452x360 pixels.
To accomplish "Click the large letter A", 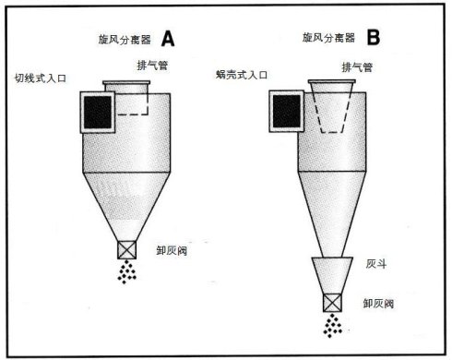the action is (168, 39).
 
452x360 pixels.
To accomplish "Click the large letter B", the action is (374, 37).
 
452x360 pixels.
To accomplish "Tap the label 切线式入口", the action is (41, 78).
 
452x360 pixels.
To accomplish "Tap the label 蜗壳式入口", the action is (242, 75).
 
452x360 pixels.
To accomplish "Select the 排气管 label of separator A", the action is (152, 66).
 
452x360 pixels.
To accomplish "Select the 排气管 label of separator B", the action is (357, 67).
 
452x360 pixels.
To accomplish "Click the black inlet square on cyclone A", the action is (98, 113).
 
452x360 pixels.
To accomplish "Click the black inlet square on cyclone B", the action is (287, 111).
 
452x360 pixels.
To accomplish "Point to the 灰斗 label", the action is (376, 264).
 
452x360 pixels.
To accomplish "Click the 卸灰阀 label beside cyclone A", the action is (172, 250).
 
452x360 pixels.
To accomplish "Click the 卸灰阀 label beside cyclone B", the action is (378, 304).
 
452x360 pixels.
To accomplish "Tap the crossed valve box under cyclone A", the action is (126, 250).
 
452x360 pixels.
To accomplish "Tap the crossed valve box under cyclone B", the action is (332, 303).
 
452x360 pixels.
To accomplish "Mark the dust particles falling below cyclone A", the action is (126, 271).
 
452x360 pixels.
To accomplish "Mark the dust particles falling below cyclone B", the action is (332, 326).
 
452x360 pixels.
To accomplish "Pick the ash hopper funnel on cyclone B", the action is (332, 275).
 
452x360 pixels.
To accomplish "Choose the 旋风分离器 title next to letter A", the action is (125, 40).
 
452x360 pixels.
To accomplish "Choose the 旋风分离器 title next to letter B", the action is (328, 38).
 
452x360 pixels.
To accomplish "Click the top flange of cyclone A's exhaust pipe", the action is (126, 82).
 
